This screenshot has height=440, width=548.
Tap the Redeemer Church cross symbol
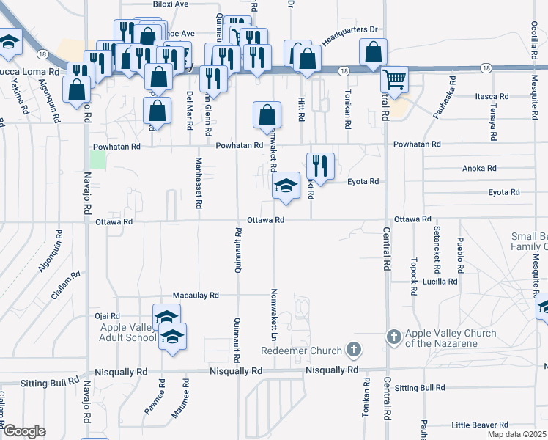[354, 349]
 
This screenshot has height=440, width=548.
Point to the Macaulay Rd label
[196, 296]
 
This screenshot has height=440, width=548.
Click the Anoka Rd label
[479, 168]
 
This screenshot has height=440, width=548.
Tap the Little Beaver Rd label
[480, 425]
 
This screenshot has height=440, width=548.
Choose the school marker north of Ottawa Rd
[286, 186]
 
